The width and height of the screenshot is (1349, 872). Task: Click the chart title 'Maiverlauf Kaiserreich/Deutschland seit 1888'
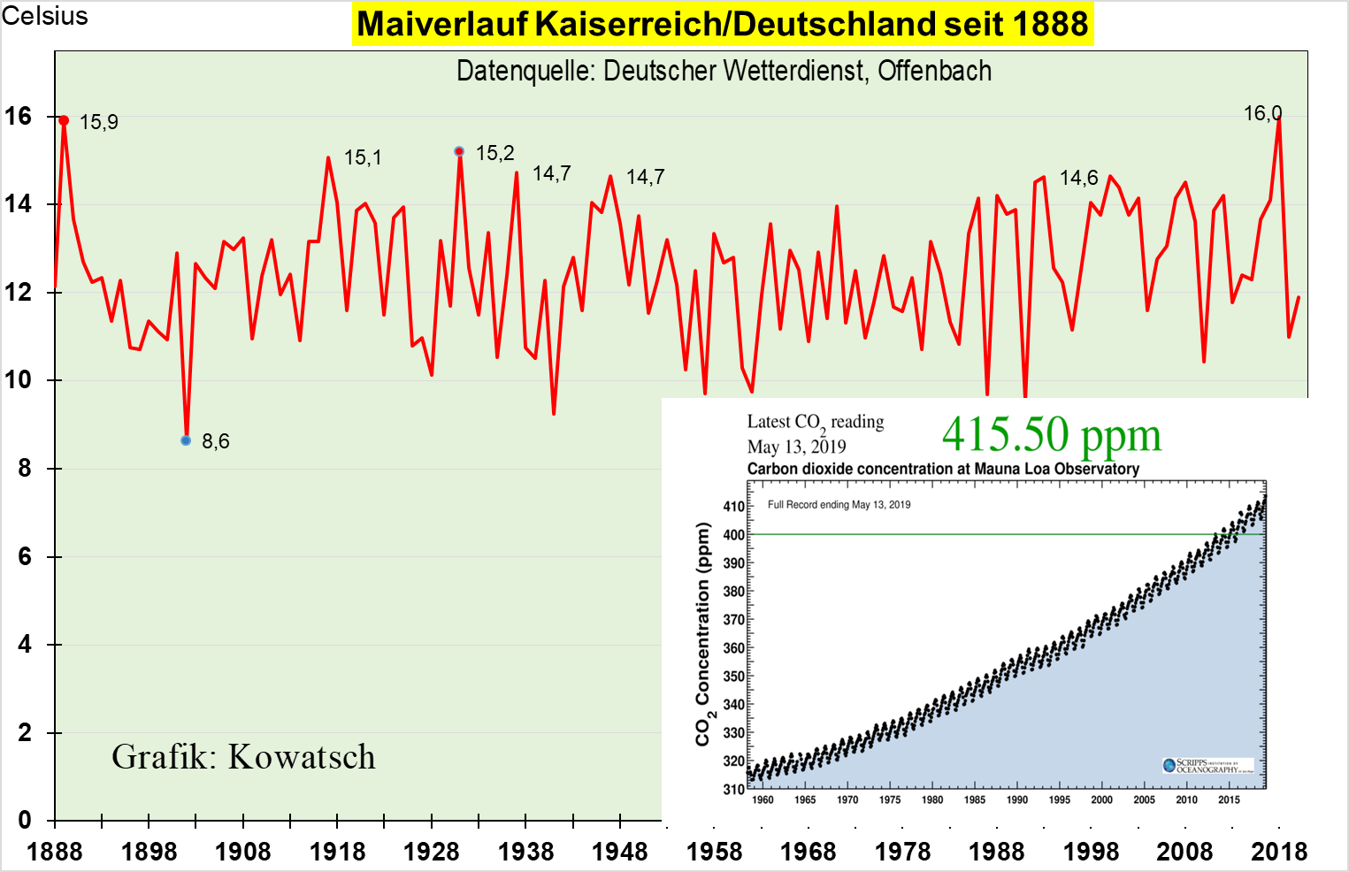click(723, 24)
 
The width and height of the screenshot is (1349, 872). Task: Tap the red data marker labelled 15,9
click(64, 120)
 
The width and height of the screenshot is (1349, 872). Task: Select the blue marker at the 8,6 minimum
click(186, 440)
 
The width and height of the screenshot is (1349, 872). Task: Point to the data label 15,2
click(494, 153)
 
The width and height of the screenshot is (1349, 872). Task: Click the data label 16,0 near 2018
click(1262, 113)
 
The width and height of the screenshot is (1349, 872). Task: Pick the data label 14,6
click(1078, 178)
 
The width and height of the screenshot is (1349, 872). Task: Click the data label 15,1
click(363, 157)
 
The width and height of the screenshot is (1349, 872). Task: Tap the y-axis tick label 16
click(18, 116)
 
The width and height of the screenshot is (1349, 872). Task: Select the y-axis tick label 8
click(25, 469)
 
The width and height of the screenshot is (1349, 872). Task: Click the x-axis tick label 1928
click(432, 852)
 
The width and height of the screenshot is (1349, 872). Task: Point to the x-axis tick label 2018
click(1279, 852)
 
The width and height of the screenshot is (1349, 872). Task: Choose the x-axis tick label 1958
click(715, 852)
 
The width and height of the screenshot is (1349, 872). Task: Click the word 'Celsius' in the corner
click(45, 16)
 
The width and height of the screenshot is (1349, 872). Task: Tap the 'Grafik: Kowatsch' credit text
click(243, 757)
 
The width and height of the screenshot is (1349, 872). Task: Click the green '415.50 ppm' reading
click(1051, 435)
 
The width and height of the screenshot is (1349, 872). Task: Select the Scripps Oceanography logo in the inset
click(1207, 766)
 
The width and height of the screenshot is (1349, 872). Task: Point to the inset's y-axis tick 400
click(734, 535)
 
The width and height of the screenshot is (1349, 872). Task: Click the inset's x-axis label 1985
click(975, 799)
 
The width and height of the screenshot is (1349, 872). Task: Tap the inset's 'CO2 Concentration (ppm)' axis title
click(703, 634)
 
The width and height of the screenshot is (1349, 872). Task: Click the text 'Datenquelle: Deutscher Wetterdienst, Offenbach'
click(724, 71)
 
